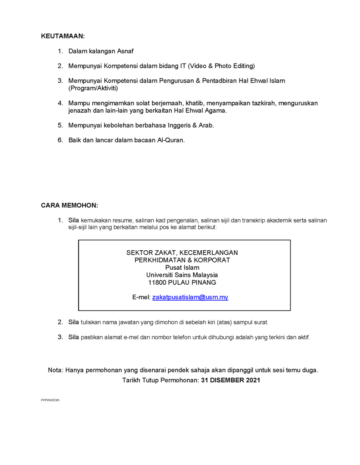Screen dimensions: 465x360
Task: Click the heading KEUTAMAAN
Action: (63, 35)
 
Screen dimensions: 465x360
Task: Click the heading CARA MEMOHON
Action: (70, 205)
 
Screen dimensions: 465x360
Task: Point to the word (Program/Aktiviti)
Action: (93, 88)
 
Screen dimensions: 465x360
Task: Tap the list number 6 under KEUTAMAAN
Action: (60, 140)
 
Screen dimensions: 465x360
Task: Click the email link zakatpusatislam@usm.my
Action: (190, 297)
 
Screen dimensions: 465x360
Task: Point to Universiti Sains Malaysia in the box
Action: (182, 275)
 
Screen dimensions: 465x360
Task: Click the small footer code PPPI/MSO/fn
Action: (50, 400)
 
